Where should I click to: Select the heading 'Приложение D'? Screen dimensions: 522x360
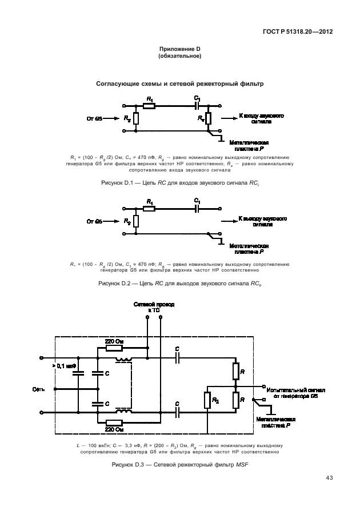coord(179,50)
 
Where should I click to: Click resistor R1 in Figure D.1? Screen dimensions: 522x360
coord(149,106)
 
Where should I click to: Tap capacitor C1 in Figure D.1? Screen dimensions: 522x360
coord(197,106)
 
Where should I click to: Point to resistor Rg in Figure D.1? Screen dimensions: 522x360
coord(135,118)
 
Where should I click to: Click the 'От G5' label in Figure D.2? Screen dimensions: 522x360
coord(95,221)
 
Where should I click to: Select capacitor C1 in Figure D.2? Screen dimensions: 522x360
coord(197,208)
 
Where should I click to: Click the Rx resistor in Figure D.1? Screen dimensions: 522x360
coord(208,118)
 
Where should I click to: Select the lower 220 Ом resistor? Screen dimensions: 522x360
coord(115,421)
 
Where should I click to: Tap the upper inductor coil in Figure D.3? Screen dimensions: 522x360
coord(123,359)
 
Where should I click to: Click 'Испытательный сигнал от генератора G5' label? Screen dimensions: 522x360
coord(296,392)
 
